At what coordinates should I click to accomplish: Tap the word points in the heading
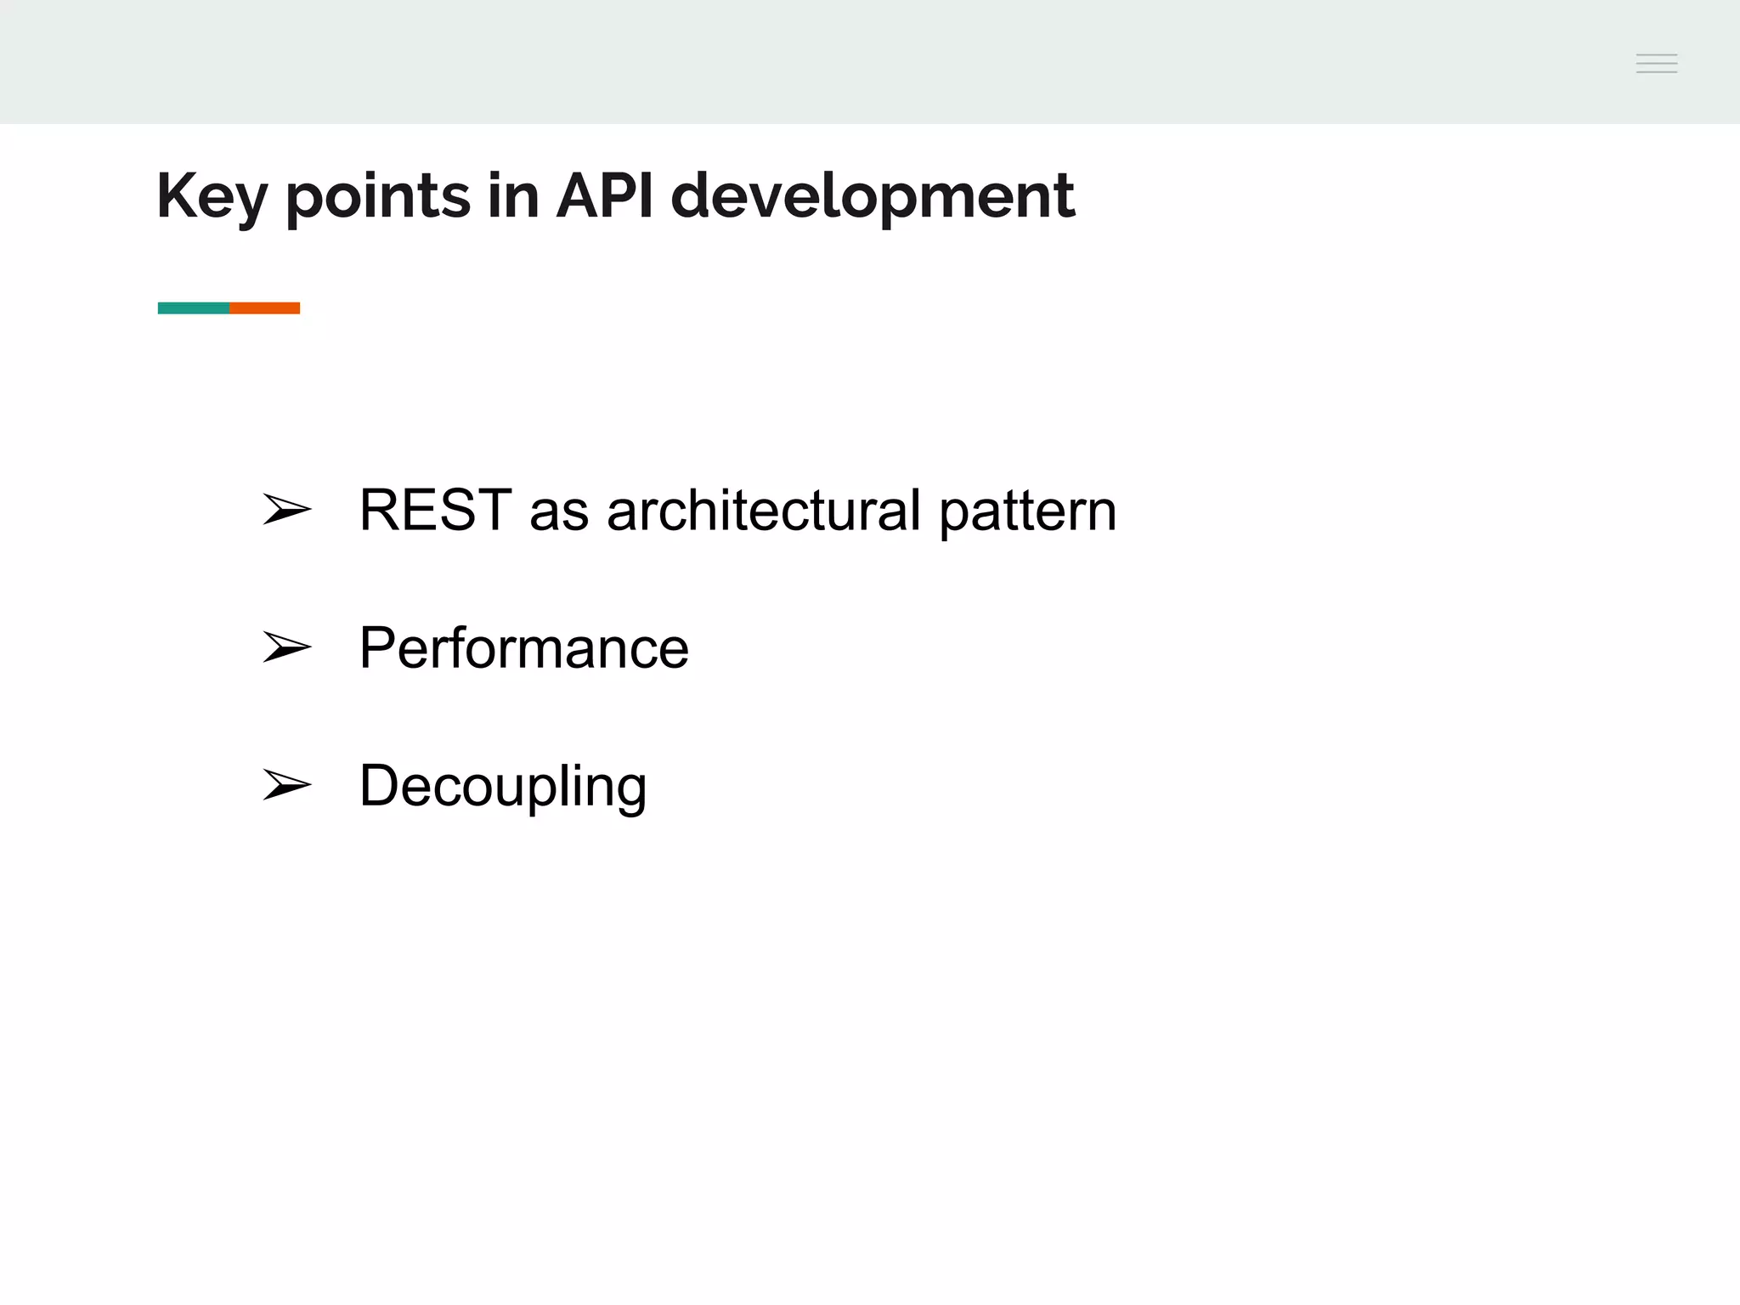[x=377, y=197]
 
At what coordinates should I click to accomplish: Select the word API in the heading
[x=605, y=195]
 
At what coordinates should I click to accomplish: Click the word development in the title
[x=872, y=197]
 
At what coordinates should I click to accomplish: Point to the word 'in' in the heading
[x=513, y=195]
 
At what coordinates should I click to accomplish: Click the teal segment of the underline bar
[x=194, y=308]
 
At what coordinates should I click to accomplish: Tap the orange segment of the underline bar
[x=265, y=308]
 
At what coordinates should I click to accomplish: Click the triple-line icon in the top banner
[x=1656, y=64]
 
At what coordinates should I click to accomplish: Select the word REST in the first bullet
[x=435, y=511]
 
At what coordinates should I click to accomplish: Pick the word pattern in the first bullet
[x=1027, y=512]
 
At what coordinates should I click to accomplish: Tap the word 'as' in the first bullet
[x=558, y=513]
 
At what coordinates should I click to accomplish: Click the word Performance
[x=523, y=648]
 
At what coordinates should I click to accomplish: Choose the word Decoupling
[x=502, y=787]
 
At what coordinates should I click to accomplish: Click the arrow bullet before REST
[x=286, y=510]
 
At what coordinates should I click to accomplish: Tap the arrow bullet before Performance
[x=286, y=647]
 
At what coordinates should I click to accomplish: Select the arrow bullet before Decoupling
[x=286, y=785]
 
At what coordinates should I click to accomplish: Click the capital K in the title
[x=175, y=195]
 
